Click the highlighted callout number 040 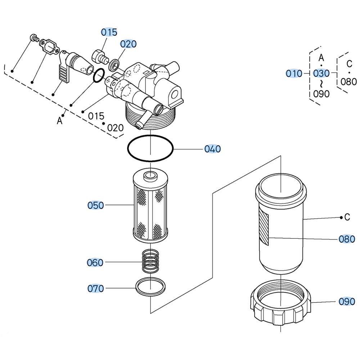pyautogui.click(x=212, y=149)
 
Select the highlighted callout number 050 pyautogui.click(x=96, y=205)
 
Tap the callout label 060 pyautogui.click(x=95, y=262)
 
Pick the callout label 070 pyautogui.click(x=96, y=288)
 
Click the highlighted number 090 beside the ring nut pyautogui.click(x=347, y=301)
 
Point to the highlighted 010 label pyautogui.click(x=294, y=73)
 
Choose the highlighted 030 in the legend pyautogui.click(x=321, y=73)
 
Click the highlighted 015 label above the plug pyautogui.click(x=109, y=32)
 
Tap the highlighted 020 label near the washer pyautogui.click(x=129, y=44)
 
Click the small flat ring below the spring pyautogui.click(x=151, y=287)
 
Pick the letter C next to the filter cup pyautogui.click(x=347, y=217)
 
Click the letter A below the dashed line pyautogui.click(x=60, y=121)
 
